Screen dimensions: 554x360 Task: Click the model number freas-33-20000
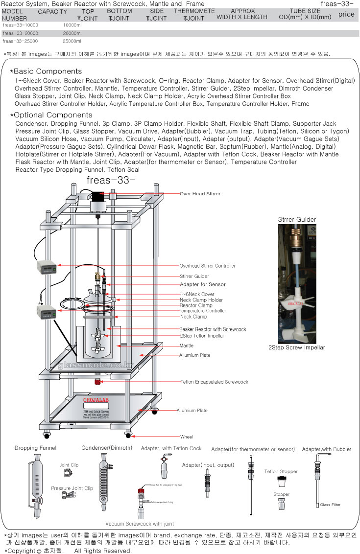tap(20, 33)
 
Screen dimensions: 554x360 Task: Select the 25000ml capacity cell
tap(72, 41)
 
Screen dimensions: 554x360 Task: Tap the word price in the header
tap(346, 14)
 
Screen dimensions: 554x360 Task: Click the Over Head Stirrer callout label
tap(200, 194)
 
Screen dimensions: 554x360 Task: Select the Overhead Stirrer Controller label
tap(207, 266)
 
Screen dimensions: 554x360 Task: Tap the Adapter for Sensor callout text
tap(203, 284)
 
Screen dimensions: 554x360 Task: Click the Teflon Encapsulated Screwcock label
tap(214, 382)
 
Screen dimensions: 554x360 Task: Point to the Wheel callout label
tap(186, 437)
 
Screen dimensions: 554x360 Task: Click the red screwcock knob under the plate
tap(98, 381)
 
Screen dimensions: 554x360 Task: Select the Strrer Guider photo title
tap(297, 219)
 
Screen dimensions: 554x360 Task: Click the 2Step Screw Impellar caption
tap(296, 347)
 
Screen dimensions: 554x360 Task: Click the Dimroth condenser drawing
tap(104, 482)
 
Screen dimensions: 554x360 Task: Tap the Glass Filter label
tap(331, 505)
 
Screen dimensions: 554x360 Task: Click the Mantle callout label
tap(186, 346)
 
